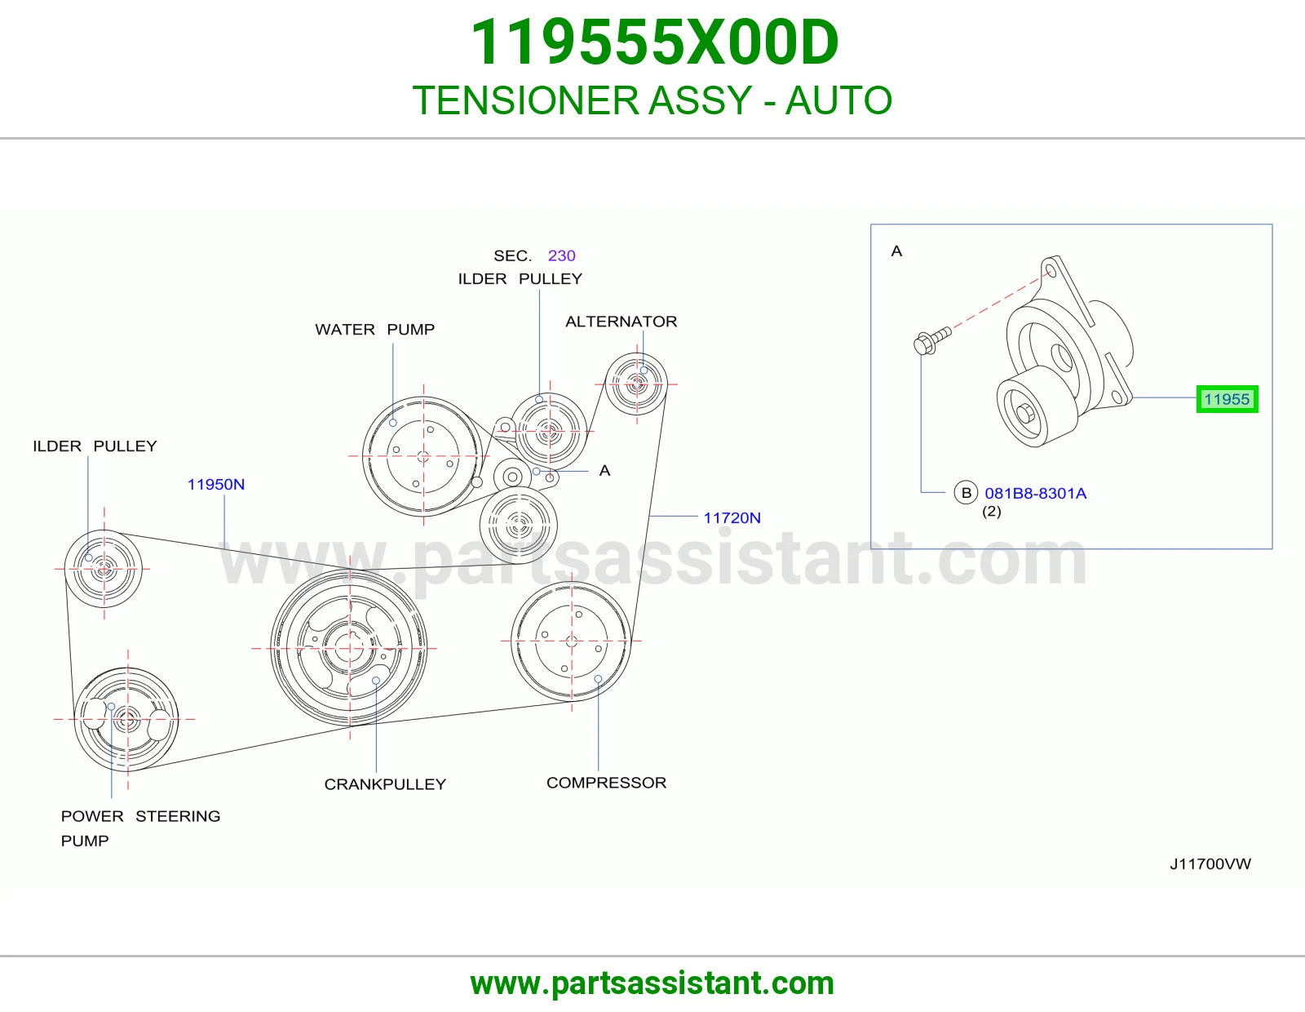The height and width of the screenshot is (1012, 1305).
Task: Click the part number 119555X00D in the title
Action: [x=655, y=42]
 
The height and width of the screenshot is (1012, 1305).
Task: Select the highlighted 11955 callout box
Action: [x=1227, y=399]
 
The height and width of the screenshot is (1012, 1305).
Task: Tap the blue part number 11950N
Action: [x=216, y=484]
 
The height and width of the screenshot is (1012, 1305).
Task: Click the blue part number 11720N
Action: [x=732, y=518]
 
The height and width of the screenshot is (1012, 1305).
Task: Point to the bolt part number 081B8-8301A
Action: [x=1035, y=494]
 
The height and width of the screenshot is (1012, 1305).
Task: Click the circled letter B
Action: [x=966, y=493]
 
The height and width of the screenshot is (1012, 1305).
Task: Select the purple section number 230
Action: [x=561, y=256]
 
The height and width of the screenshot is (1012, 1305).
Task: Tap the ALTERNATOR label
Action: [x=621, y=322]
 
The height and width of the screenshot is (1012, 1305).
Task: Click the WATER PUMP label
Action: [x=374, y=330]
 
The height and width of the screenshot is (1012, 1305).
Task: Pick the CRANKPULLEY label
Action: [x=385, y=784]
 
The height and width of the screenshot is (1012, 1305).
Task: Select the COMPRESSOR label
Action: [x=607, y=783]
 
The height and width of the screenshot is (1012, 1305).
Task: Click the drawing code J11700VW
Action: [x=1210, y=863]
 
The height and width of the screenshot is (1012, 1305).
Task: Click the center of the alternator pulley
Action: [x=636, y=384]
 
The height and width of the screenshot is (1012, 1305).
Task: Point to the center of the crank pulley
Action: [x=350, y=649]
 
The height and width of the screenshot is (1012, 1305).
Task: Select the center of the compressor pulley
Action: [x=571, y=641]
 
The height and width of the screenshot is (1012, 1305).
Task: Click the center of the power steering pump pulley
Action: [x=127, y=719]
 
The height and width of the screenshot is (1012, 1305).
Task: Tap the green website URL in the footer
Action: [x=652, y=983]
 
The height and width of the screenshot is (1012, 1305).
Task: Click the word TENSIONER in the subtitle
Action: [x=526, y=100]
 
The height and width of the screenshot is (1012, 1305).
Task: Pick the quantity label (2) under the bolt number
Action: [x=992, y=512]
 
